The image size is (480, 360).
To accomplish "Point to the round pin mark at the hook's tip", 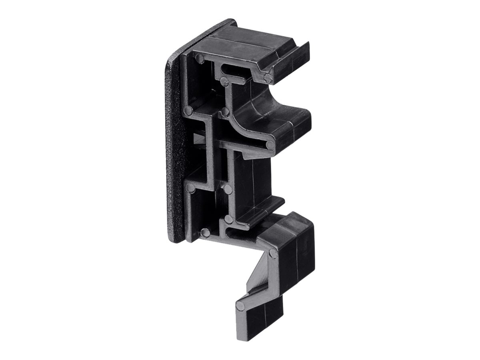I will (x=240, y=306).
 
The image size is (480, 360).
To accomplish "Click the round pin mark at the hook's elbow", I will (x=273, y=253).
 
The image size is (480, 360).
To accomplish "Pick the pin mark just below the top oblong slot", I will (x=224, y=82).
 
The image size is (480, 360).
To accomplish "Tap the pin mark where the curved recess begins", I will (x=225, y=112).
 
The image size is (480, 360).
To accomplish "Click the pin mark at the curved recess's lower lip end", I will (x=271, y=145).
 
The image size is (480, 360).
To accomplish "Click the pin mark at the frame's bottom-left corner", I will (x=205, y=232).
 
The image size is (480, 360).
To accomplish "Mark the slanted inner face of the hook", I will (x=256, y=276).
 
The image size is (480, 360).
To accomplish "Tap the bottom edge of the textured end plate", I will (x=176, y=239).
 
